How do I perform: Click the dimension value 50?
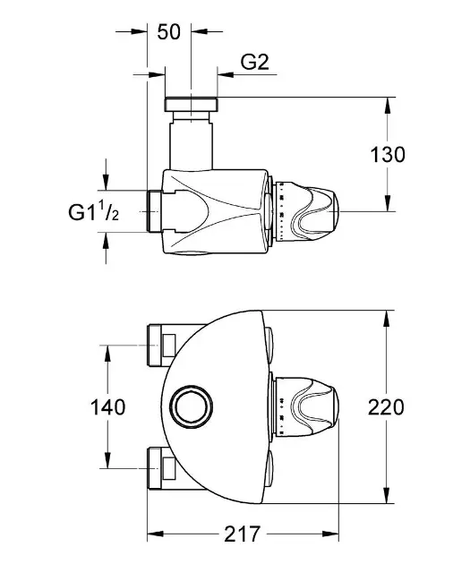[168, 32]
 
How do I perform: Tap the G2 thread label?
[254, 62]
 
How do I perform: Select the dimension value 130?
[388, 155]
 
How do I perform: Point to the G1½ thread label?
[93, 211]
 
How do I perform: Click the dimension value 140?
[107, 407]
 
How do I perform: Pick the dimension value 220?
[386, 407]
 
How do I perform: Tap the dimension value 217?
[242, 534]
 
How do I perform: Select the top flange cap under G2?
[191, 104]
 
